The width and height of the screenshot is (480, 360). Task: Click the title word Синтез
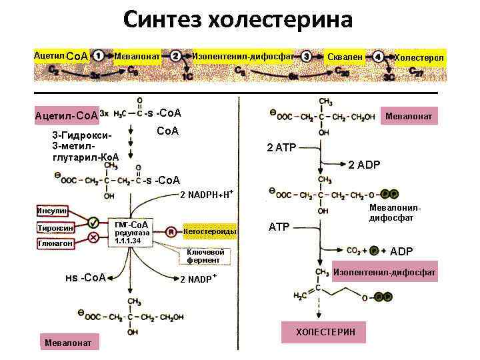(x=163, y=20)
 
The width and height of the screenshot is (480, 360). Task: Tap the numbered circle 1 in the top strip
(x=99, y=57)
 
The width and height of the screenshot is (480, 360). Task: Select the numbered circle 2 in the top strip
(x=175, y=57)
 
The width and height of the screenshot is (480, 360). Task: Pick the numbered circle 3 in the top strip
(x=307, y=57)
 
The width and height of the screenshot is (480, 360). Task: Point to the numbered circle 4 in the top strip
(x=378, y=57)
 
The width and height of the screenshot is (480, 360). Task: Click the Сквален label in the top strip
(x=345, y=57)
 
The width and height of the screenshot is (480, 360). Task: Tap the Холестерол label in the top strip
(x=419, y=57)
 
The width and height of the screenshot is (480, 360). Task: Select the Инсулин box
(x=52, y=211)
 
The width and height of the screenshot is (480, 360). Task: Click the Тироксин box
(x=55, y=227)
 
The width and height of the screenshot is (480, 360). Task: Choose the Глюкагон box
(x=55, y=243)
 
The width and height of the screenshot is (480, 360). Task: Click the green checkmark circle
(x=94, y=221)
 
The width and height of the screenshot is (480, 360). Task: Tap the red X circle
(x=94, y=237)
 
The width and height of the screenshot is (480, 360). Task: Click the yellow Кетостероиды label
(x=209, y=231)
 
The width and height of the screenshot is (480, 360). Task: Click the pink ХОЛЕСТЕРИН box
(x=325, y=331)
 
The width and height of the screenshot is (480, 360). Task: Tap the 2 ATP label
(x=281, y=147)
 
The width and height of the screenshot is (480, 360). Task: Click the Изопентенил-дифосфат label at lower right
(x=384, y=272)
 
